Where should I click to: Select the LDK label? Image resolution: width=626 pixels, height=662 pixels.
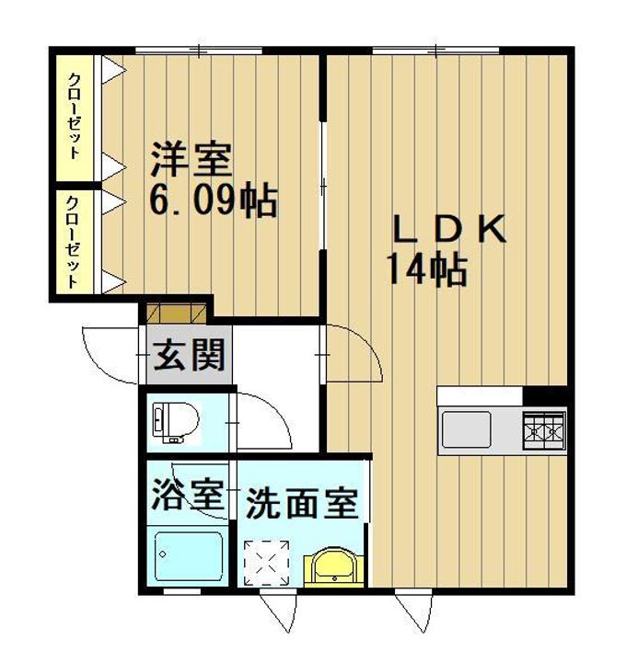pos(450,229)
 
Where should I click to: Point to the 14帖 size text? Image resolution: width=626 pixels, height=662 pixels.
pos(425,268)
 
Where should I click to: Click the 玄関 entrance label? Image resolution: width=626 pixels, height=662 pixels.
pos(190,355)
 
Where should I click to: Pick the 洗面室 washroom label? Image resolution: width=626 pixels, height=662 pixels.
pos(301,504)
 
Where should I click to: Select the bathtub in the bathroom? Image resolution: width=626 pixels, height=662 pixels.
pos(188,555)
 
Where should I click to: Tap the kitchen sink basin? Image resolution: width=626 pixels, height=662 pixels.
pos(466,428)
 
